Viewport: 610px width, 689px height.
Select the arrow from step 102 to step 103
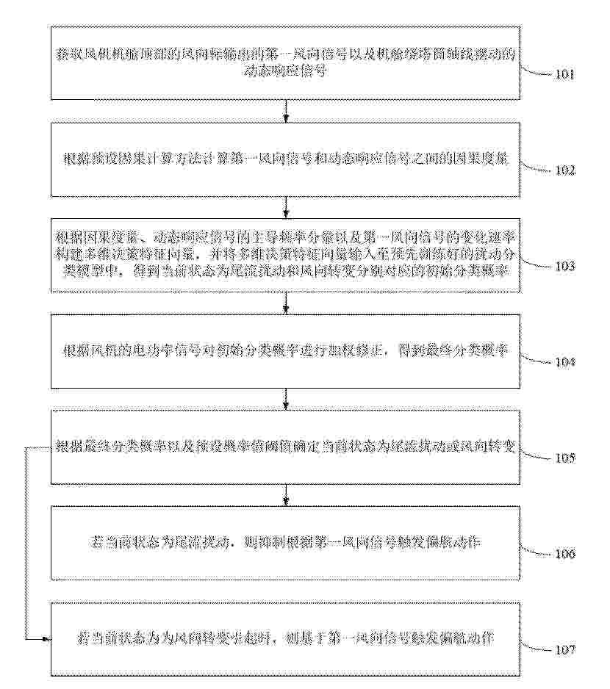pyautogui.click(x=285, y=206)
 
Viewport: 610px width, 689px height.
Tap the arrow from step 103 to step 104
pyautogui.click(x=285, y=303)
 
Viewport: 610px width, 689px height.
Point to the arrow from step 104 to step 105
pyautogui.click(x=285, y=399)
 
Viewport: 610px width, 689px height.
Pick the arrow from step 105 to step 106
pyautogui.click(x=285, y=494)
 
